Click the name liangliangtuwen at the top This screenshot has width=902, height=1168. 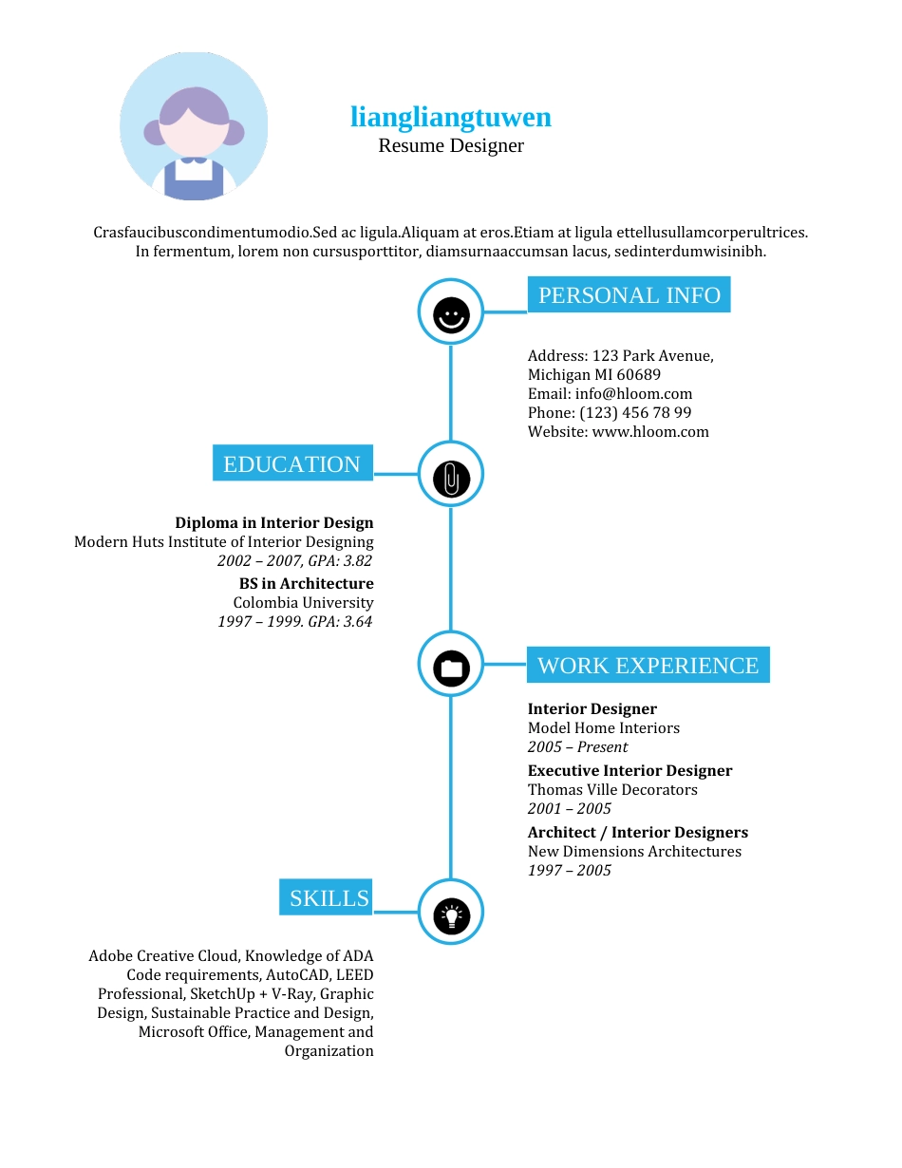pos(451,117)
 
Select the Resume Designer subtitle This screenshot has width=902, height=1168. pos(451,145)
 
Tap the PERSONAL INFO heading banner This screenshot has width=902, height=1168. pos(629,294)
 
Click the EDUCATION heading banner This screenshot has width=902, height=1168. pos(292,462)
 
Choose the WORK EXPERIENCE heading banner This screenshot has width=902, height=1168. pos(648,665)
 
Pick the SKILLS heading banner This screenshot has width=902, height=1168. pos(326,897)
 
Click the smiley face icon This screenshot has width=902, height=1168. pos(451,315)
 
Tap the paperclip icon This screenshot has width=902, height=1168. pos(451,479)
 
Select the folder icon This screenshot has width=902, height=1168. pos(451,669)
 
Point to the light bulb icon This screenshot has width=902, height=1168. pos(451,916)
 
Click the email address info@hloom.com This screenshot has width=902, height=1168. pos(633,393)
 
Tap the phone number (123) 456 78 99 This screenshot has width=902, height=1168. pos(635,413)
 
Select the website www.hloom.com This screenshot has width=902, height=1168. pos(650,432)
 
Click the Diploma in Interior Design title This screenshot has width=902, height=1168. pos(274,523)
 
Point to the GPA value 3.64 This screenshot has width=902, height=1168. pos(358,621)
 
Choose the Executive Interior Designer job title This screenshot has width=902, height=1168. pos(630,771)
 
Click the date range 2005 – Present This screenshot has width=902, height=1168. pos(577,747)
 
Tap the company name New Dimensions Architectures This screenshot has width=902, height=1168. pos(634,852)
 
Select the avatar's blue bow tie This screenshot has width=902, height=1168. pos(194,160)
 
